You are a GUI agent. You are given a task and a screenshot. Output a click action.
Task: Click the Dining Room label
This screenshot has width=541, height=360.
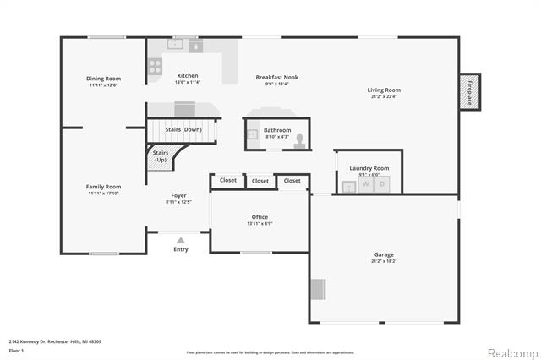pyautogui.click(x=103, y=79)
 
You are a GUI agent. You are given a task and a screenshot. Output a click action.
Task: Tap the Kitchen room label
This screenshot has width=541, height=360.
pyautogui.click(x=188, y=76)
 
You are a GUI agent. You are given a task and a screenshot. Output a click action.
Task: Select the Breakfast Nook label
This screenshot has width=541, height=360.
pyautogui.click(x=277, y=78)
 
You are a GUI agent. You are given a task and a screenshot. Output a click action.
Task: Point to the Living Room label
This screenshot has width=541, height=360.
pyautogui.click(x=384, y=90)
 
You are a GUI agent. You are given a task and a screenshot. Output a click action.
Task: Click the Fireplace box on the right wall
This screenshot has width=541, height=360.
pyautogui.click(x=469, y=92)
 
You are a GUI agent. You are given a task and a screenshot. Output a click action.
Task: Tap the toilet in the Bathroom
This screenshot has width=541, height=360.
pyautogui.click(x=299, y=144)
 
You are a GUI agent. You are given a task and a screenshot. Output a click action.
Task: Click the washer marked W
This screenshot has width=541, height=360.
pyautogui.click(x=366, y=183)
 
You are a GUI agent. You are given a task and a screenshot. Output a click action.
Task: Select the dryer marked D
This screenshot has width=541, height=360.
pyautogui.click(x=381, y=183)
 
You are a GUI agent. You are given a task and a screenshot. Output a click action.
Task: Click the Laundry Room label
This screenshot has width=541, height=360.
pyautogui.click(x=369, y=168)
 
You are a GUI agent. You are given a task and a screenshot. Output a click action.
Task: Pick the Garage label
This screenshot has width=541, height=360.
pyautogui.click(x=384, y=254)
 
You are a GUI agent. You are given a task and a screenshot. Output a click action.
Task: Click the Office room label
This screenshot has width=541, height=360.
pyautogui.click(x=260, y=217)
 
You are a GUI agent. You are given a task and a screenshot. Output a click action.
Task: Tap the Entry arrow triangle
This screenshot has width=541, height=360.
pyautogui.click(x=181, y=241)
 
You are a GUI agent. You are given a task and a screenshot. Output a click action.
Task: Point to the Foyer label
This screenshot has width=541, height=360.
pyautogui.click(x=178, y=195)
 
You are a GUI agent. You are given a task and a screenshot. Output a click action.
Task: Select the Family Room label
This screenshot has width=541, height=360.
pyautogui.click(x=104, y=187)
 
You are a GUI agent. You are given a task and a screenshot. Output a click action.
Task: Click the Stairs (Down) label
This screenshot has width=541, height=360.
pyautogui.click(x=182, y=129)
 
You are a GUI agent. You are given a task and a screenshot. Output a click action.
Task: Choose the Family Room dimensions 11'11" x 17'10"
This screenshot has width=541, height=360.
pyautogui.click(x=104, y=194)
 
